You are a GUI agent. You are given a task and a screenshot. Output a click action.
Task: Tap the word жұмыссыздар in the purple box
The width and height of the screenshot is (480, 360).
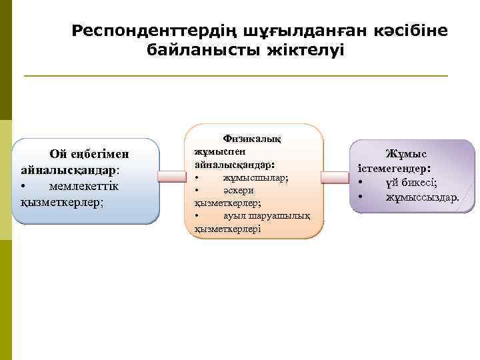(x=422, y=197)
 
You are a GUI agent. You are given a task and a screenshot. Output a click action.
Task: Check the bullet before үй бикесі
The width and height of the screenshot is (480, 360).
(x=361, y=183)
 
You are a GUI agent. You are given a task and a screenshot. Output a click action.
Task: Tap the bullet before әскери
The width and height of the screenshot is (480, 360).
(x=197, y=191)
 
